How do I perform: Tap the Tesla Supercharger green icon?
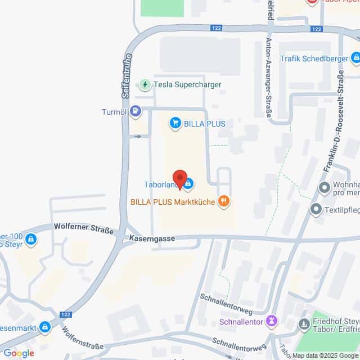(146, 84)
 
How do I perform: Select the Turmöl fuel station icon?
(136, 111)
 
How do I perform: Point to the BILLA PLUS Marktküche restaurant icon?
(224, 200)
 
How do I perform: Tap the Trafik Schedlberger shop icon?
(355, 58)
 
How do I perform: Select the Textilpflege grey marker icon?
(316, 209)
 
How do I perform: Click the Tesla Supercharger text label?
(188, 84)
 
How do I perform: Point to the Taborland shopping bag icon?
(189, 183)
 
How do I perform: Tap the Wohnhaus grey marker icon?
(323, 187)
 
